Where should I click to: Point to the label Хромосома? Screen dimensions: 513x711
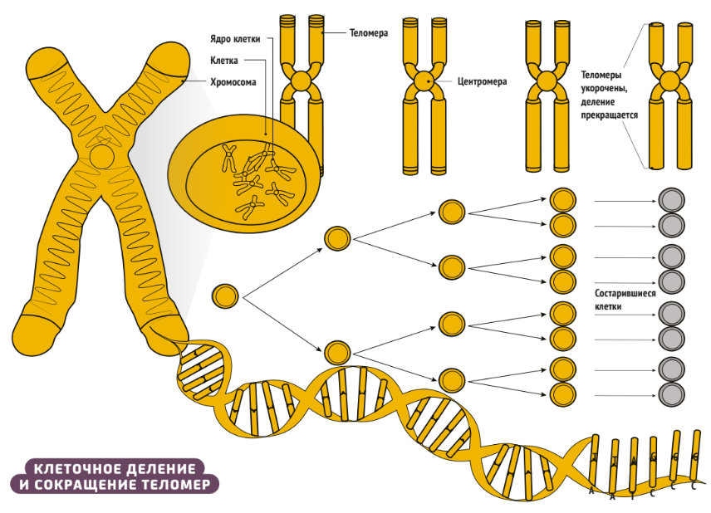(232, 82)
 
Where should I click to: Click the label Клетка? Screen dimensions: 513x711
(226, 61)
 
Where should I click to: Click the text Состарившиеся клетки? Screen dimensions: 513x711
(625, 300)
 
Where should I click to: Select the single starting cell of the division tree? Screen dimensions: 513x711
(226, 296)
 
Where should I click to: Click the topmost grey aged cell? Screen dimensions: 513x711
(671, 199)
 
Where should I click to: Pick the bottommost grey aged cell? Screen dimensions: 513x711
(671, 393)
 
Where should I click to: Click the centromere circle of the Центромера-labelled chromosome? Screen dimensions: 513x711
(424, 81)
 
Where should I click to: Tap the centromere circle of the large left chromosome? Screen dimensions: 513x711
(103, 156)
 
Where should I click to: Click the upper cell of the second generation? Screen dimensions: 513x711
(336, 238)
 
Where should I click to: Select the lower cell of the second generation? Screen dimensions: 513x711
(336, 353)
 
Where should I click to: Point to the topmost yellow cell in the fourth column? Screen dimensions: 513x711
(563, 200)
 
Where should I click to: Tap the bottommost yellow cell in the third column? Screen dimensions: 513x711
(451, 380)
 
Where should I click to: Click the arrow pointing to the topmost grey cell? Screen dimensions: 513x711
(623, 200)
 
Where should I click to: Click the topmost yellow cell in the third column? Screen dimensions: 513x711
(451, 211)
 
